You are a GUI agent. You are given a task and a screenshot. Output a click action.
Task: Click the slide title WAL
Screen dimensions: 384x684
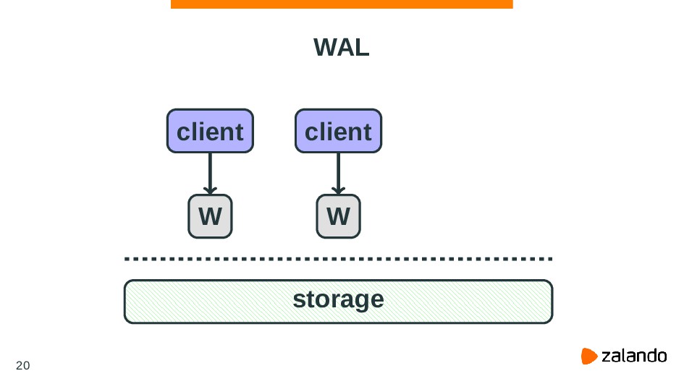(x=342, y=48)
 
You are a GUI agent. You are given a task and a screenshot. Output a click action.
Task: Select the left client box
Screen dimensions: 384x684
(x=210, y=132)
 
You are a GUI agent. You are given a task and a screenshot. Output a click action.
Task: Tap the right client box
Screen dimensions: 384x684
(x=338, y=132)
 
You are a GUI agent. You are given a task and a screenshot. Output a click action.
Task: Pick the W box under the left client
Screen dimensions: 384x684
(x=210, y=216)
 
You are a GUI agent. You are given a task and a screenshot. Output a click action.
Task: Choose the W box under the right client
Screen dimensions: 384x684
(x=338, y=216)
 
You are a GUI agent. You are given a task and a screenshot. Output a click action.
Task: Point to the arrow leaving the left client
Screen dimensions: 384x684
(x=210, y=171)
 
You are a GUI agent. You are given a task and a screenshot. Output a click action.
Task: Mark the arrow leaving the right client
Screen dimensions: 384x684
(x=338, y=171)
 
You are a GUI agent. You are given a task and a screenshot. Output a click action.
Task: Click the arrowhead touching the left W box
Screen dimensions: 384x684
(x=210, y=190)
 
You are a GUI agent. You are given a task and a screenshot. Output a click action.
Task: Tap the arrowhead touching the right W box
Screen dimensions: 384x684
(x=338, y=190)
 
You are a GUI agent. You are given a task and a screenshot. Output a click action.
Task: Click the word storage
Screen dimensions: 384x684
(x=338, y=299)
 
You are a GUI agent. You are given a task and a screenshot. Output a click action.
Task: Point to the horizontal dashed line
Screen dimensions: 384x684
(x=338, y=258)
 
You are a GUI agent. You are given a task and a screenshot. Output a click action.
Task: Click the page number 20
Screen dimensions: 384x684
(x=23, y=364)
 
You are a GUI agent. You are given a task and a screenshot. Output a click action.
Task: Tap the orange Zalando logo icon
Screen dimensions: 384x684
(x=589, y=356)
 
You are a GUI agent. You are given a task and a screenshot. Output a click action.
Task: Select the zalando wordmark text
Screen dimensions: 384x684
(x=634, y=356)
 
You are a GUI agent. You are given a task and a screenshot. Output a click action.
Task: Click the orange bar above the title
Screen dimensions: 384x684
(x=342, y=4)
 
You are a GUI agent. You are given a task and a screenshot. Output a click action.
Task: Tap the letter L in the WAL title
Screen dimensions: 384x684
(x=363, y=48)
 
